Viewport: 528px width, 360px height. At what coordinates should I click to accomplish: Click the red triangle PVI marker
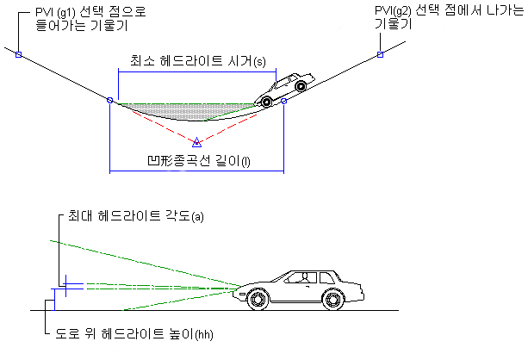point(196,142)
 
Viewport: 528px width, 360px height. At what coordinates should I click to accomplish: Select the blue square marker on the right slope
point(379,55)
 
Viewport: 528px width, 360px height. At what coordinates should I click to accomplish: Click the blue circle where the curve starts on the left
point(109,102)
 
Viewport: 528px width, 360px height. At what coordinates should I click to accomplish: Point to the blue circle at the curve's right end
point(283,102)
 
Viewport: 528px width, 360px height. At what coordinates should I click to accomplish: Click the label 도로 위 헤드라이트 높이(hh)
point(140,333)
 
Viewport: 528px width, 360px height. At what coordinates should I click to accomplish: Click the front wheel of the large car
point(258,300)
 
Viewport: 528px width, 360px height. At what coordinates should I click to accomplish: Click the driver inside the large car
point(303,277)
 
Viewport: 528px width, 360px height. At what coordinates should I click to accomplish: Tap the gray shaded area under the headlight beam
point(185,111)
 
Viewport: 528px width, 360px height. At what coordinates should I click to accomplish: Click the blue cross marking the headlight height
point(65,283)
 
